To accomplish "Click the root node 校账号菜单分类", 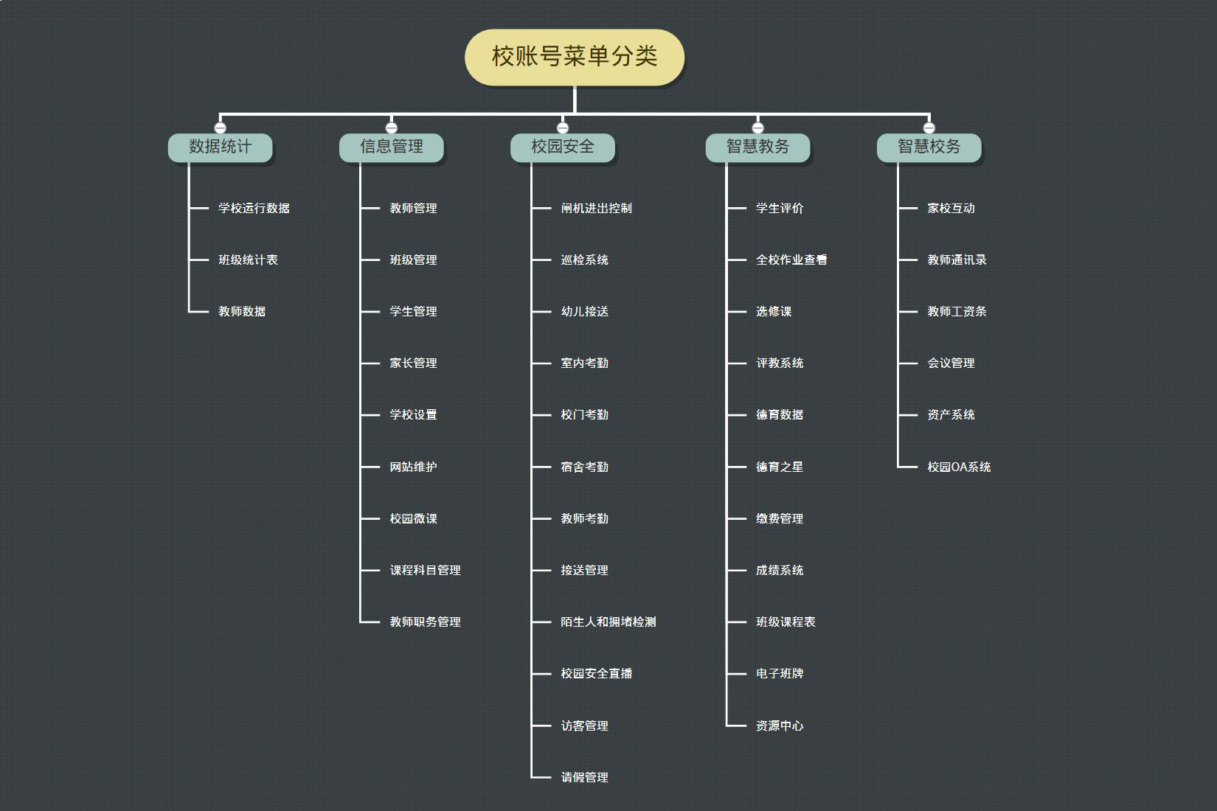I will pos(575,57).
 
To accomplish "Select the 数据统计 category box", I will pos(220,147).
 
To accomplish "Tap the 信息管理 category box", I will pos(391,147).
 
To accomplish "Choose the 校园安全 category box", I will pos(562,147).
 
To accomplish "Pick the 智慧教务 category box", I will pos(757,147).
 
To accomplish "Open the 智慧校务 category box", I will pos(929,147).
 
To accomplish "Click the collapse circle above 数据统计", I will pos(220,128).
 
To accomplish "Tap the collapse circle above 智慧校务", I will pos(929,128).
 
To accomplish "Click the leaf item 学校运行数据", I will pos(254,209).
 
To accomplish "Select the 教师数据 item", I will pos(242,312).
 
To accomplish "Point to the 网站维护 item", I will pos(413,467).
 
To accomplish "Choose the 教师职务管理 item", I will pos(425,622).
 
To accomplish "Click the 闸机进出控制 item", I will pos(596,209).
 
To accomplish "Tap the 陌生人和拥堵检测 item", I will pos(608,622).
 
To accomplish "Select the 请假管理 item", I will pos(584,777).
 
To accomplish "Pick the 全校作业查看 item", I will pos(791,260).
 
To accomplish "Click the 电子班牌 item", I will pos(780,674).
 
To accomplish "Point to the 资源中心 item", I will pos(780,725).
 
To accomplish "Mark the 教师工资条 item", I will pos(957,312).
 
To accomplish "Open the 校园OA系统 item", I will pos(959,467).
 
